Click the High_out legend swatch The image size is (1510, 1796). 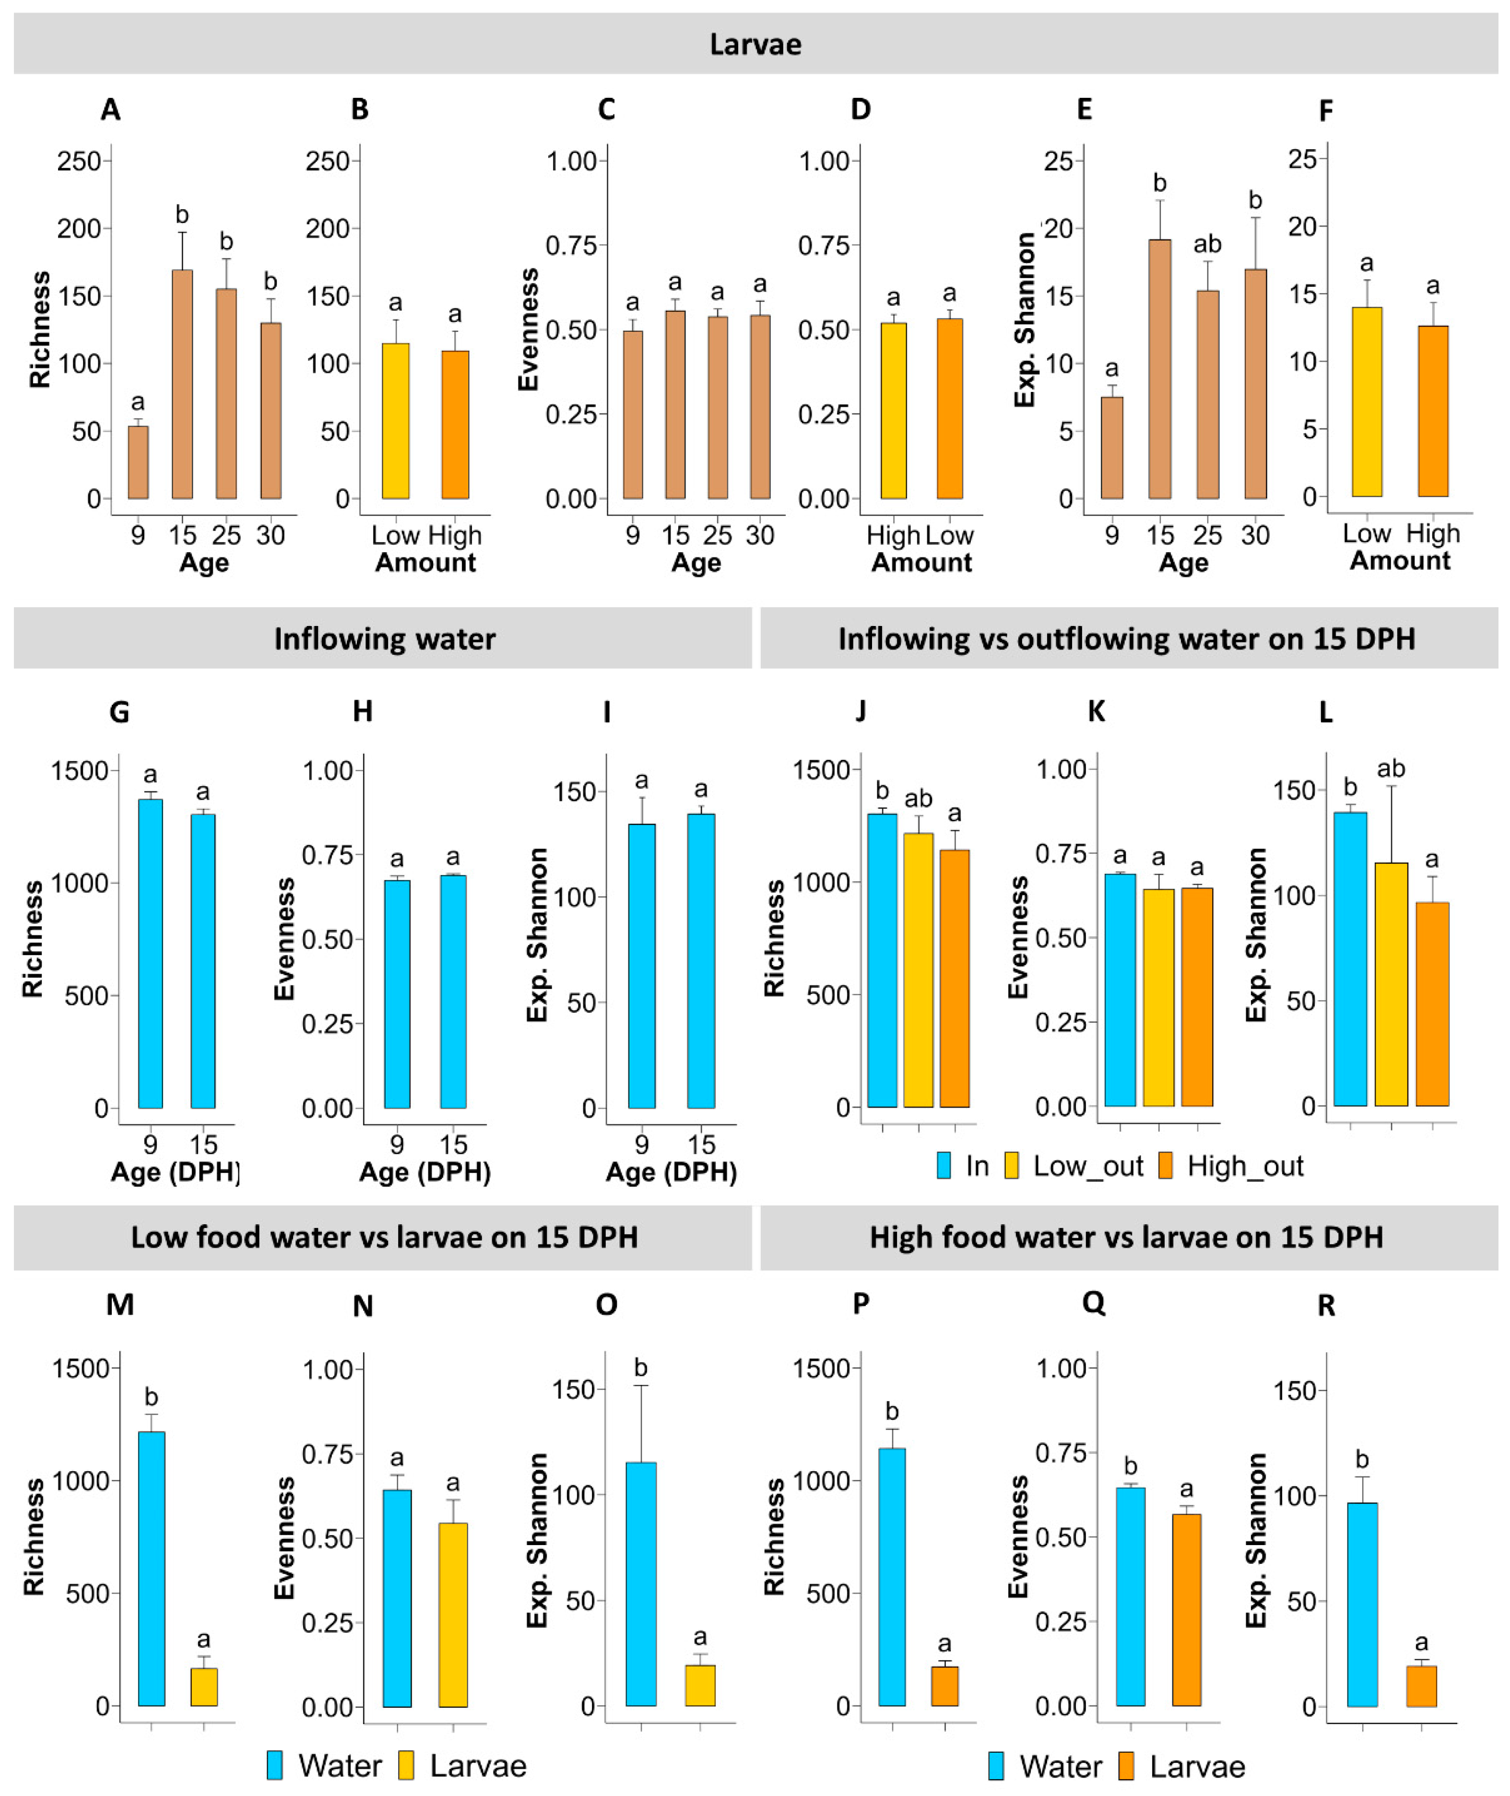pyautogui.click(x=1165, y=1166)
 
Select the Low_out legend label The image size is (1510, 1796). pyautogui.click(x=1088, y=1166)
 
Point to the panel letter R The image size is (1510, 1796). pyautogui.click(x=1326, y=1305)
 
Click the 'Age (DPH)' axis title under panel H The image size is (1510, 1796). pyautogui.click(x=425, y=1172)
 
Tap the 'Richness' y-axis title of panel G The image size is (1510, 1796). pyautogui.click(x=33, y=938)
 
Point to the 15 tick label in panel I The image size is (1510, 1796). pyautogui.click(x=701, y=1145)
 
